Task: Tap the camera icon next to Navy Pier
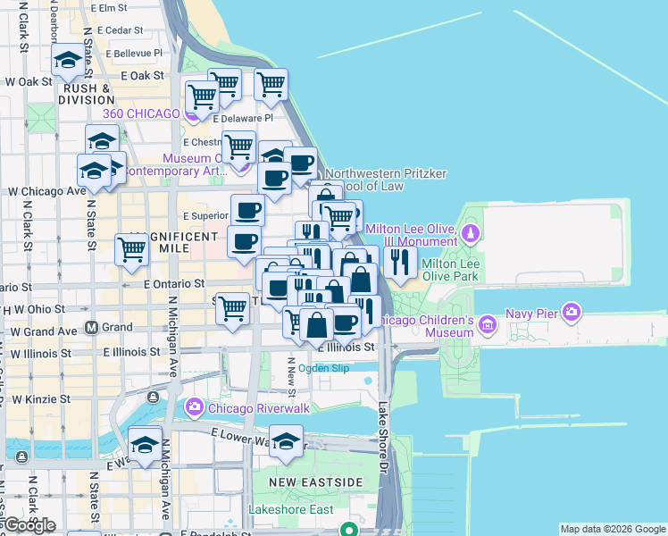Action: click(x=572, y=313)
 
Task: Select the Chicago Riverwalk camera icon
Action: click(x=194, y=407)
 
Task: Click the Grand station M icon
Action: click(x=91, y=328)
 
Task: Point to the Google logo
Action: click(x=29, y=525)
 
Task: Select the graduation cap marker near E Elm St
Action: click(x=68, y=61)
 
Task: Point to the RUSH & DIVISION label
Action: click(x=86, y=94)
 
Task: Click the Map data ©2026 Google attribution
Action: click(x=613, y=529)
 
